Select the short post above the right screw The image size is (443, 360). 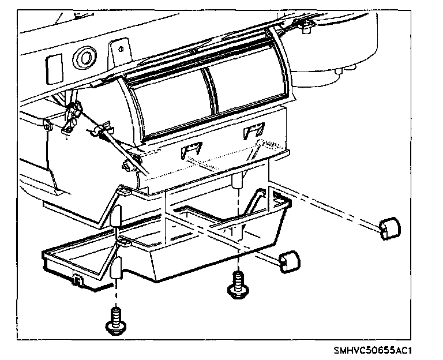236,183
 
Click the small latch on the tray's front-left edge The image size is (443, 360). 77,281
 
